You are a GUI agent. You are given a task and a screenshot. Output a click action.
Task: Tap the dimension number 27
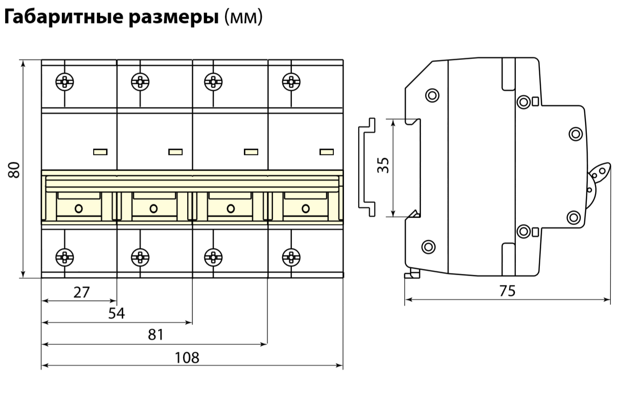click(81, 292)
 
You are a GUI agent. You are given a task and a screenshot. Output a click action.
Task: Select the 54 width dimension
click(117, 314)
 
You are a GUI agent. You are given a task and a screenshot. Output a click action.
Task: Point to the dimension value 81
click(156, 335)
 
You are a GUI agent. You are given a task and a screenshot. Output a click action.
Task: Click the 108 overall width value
click(187, 357)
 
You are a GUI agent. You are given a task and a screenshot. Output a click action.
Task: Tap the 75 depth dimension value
click(508, 291)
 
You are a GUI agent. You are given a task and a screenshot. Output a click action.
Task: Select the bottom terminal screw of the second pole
click(140, 257)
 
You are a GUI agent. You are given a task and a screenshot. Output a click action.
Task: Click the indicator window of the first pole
click(100, 152)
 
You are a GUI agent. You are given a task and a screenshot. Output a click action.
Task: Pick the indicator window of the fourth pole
click(326, 152)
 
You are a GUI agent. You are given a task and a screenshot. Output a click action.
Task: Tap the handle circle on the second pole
click(154, 208)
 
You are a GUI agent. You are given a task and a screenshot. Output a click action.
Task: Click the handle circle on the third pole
click(230, 208)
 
